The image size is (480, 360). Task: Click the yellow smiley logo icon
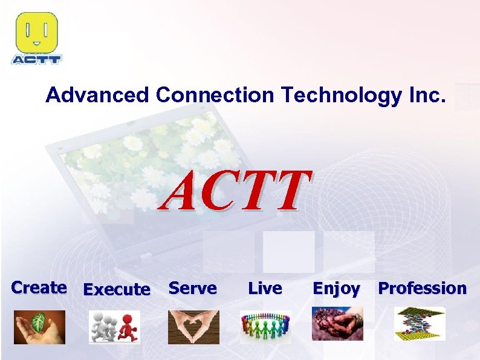(36, 33)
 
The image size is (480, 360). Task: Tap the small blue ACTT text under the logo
(36, 59)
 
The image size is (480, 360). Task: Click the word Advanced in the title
(97, 95)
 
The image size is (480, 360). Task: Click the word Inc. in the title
(426, 95)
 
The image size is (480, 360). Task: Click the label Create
(39, 287)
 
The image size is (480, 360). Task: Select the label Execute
(116, 290)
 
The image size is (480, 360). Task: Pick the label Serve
(192, 288)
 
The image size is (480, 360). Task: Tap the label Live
(265, 288)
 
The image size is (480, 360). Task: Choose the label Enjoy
(336, 289)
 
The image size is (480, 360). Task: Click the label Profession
(422, 288)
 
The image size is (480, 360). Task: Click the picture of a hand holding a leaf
(39, 327)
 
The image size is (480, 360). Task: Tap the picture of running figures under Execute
(114, 327)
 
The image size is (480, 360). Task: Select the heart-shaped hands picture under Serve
(193, 327)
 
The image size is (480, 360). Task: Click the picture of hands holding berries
(337, 324)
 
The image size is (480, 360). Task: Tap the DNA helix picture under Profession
(420, 323)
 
